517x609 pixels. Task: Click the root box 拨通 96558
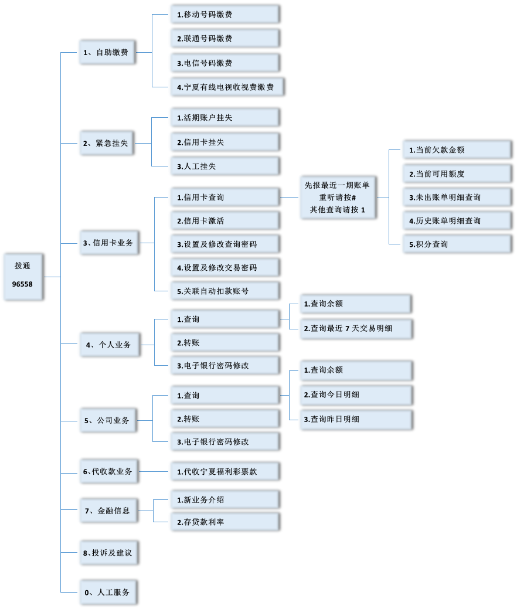[x=22, y=277]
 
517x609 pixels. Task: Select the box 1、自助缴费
[x=106, y=52]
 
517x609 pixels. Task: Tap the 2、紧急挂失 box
[x=106, y=143]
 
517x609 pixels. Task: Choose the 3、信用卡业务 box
[x=108, y=242]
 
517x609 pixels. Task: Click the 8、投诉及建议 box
[x=108, y=553]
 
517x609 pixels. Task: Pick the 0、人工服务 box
[x=107, y=592]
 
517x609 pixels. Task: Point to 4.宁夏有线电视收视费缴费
[x=226, y=87]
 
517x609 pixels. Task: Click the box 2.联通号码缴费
[x=223, y=39]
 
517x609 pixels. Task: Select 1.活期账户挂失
[x=223, y=118]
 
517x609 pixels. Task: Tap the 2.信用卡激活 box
[x=223, y=221]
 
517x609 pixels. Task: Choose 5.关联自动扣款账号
[x=223, y=291]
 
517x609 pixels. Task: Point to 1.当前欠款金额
[x=455, y=150]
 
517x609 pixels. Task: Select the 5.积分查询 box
[x=455, y=244]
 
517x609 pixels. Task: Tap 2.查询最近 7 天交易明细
[x=355, y=329]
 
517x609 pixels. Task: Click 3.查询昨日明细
[x=355, y=419]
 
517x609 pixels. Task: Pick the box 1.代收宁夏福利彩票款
[x=223, y=471]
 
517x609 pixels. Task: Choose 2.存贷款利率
[x=223, y=522]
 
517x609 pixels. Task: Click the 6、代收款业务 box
[x=108, y=471]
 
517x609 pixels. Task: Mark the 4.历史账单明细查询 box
[x=455, y=220]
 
